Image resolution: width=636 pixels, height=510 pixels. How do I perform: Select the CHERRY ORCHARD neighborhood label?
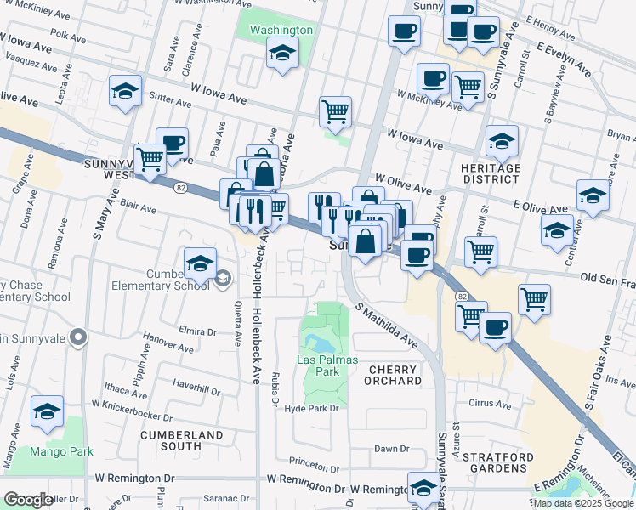pyautogui.click(x=394, y=376)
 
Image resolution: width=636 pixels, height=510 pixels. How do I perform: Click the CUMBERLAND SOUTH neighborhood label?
pyautogui.click(x=183, y=439)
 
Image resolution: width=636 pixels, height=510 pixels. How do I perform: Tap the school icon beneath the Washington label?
pyautogui.click(x=281, y=55)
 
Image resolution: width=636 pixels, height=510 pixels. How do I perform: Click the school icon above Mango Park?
pyautogui.click(x=47, y=411)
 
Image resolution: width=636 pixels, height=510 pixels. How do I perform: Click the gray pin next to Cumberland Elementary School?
pyautogui.click(x=223, y=278)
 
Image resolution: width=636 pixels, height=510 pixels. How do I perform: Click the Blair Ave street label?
pyautogui.click(x=139, y=207)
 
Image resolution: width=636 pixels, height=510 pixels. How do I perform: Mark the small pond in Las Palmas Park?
pyautogui.click(x=317, y=343)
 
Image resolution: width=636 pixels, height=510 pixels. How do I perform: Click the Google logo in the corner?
pyautogui.click(x=28, y=500)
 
